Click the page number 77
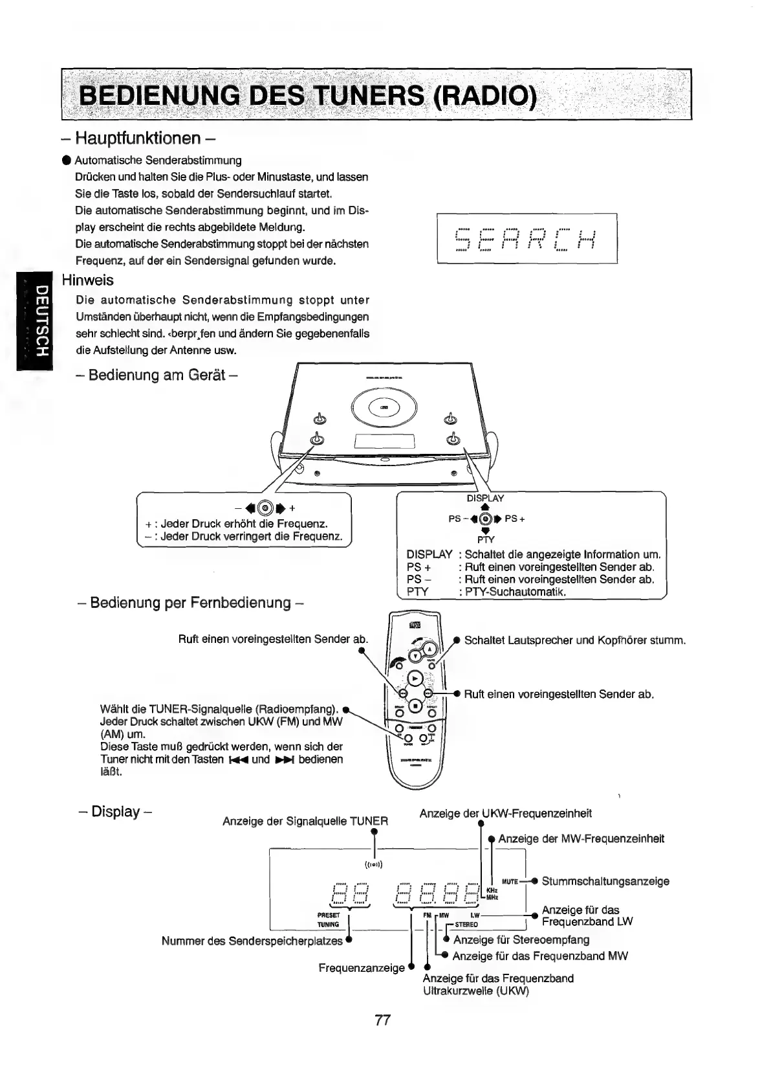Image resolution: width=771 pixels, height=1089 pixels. click(x=382, y=1020)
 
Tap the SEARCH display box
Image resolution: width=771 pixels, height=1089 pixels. click(x=527, y=238)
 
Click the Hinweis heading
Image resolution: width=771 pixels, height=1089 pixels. click(x=87, y=280)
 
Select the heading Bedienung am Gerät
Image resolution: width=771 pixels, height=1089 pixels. click(x=155, y=375)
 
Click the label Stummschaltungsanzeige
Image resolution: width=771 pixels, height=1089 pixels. click(x=605, y=881)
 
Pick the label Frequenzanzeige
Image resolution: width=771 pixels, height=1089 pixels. click(x=361, y=968)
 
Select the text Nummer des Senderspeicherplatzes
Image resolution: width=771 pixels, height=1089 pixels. click(x=252, y=941)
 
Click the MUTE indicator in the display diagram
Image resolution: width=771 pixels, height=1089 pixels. click(x=510, y=881)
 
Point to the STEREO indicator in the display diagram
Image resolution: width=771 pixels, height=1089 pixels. click(x=466, y=925)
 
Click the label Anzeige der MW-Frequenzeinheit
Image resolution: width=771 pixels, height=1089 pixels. click(x=581, y=839)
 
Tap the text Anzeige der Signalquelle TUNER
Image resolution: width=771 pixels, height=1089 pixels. click(x=305, y=822)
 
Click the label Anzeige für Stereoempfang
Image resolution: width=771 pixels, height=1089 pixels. click(x=521, y=939)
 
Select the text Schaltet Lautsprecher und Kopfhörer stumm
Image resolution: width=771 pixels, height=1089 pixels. click(x=574, y=640)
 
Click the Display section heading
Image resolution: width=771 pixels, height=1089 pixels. click(x=115, y=811)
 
